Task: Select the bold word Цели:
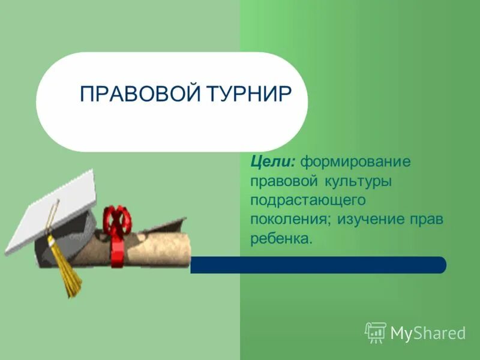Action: click(x=273, y=161)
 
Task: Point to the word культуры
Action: click(x=359, y=181)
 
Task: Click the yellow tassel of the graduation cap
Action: click(x=65, y=270)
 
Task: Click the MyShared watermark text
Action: click(x=428, y=332)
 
